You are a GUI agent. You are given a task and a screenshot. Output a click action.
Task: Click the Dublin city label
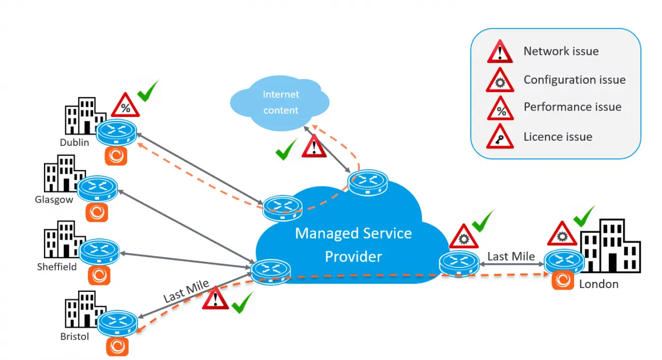click(x=74, y=142)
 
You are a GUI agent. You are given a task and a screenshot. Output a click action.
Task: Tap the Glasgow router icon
click(x=97, y=189)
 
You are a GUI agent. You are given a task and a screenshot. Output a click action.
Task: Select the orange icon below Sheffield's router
click(x=99, y=275)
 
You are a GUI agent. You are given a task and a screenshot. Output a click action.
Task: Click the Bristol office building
click(x=84, y=309)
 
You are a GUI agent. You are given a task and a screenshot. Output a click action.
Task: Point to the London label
click(x=599, y=284)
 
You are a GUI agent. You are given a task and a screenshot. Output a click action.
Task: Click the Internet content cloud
click(x=280, y=103)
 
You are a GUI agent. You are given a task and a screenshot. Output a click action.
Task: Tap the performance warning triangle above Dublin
click(x=125, y=104)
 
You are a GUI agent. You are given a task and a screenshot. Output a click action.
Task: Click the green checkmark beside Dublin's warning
click(x=148, y=91)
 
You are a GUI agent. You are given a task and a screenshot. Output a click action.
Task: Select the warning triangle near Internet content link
click(x=314, y=146)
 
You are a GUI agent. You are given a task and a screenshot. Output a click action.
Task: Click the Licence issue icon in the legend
click(x=500, y=136)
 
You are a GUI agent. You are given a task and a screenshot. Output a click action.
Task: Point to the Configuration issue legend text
click(x=575, y=80)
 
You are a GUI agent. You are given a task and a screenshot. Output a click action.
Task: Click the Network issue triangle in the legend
click(x=500, y=51)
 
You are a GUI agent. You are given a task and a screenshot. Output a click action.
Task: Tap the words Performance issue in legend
click(x=573, y=107)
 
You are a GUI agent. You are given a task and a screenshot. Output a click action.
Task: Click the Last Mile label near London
click(x=511, y=256)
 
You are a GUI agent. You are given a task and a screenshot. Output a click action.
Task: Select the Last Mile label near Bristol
click(x=186, y=291)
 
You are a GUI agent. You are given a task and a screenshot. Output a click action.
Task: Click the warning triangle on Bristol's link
click(x=215, y=298)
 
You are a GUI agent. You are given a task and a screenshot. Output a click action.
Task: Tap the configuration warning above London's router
click(x=562, y=233)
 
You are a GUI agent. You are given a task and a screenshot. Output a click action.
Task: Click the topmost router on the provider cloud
click(x=368, y=183)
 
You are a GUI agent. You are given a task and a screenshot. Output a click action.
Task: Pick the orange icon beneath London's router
click(x=563, y=280)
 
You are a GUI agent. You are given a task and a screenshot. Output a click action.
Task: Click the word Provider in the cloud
click(x=353, y=257)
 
